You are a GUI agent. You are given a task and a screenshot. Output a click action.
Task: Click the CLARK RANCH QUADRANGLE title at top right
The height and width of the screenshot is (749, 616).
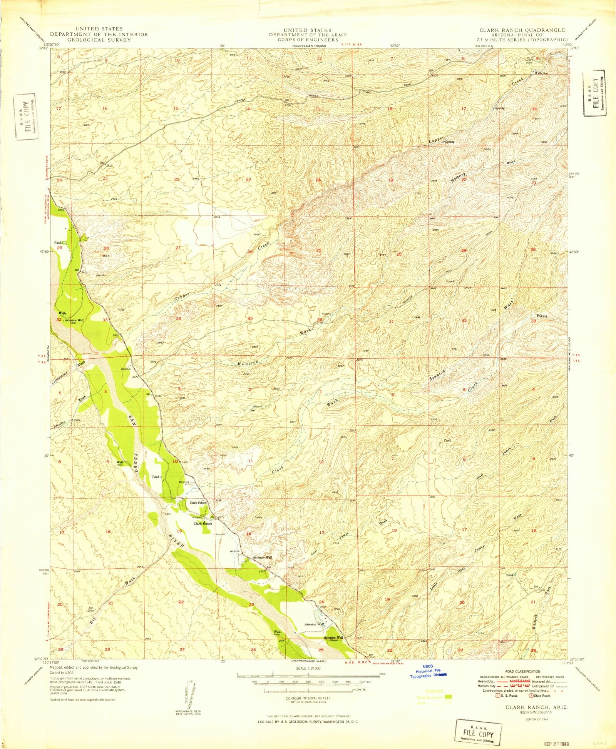pyautogui.click(x=522, y=30)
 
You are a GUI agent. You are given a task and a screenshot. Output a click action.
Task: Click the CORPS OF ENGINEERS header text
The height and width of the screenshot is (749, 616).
pyautogui.click(x=307, y=40)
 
